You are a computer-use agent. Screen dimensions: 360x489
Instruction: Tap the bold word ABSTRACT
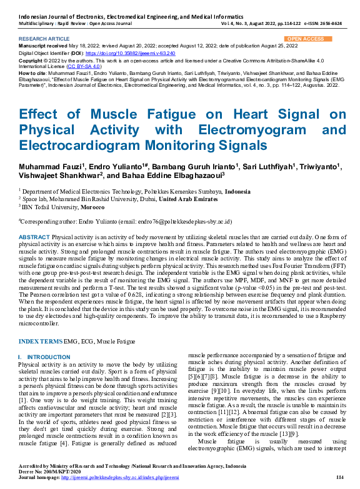click(x=34, y=238)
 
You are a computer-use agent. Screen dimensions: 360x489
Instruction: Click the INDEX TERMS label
click(x=41, y=342)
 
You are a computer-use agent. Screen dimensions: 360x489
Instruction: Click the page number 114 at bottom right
click(x=340, y=477)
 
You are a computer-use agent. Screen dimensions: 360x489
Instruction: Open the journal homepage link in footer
click(x=132, y=477)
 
